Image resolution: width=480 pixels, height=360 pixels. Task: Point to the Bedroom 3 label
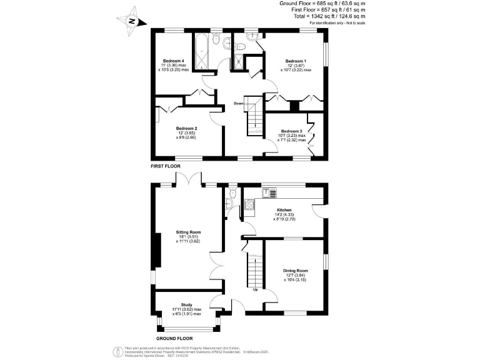pyautogui.click(x=291, y=131)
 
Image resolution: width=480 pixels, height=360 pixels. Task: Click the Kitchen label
pyautogui.click(x=284, y=210)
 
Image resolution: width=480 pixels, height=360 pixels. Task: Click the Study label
pyautogui.click(x=187, y=304)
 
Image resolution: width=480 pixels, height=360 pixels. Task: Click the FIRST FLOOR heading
pyautogui.click(x=166, y=167)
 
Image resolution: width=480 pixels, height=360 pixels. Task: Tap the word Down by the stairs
pyautogui.click(x=239, y=103)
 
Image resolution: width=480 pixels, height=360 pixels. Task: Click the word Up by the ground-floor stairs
pyautogui.click(x=255, y=289)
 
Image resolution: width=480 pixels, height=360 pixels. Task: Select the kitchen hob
pyautogui.click(x=248, y=204)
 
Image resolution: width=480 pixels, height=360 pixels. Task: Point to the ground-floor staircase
pyautogui.click(x=255, y=269)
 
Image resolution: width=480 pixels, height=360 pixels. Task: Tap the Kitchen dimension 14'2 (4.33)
pyautogui.click(x=284, y=215)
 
